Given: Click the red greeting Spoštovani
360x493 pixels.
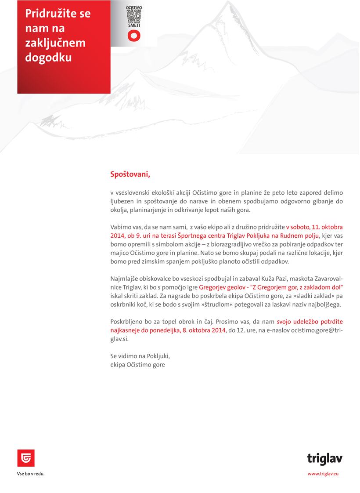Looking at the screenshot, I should tap(130, 174).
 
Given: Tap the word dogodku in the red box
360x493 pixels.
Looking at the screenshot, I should tap(48, 58).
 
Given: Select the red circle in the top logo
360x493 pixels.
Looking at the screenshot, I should tap(133, 36).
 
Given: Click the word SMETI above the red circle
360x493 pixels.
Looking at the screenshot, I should tap(133, 27).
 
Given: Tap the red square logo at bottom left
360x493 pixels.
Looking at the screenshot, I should tap(25, 458).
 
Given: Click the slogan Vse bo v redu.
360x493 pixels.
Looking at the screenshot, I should tap(31, 474).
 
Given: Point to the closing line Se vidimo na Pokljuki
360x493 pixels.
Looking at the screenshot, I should tap(140, 356).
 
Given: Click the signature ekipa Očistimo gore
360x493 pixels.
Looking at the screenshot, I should tap(137, 365).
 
